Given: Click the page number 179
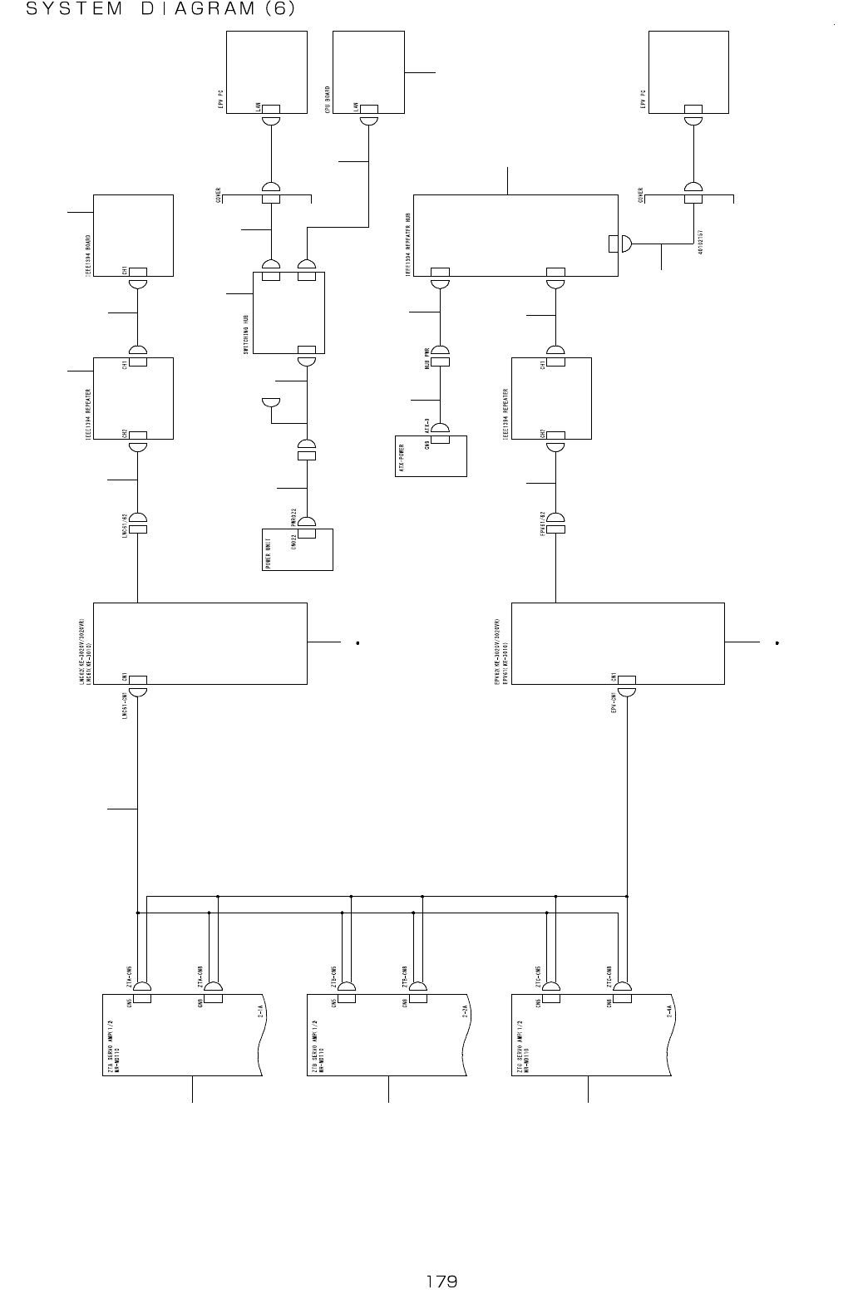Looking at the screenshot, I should (441, 1280).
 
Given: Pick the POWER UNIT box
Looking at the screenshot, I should (298, 549).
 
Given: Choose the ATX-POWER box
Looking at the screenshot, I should (430, 455).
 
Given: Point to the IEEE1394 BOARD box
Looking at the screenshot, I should (133, 235).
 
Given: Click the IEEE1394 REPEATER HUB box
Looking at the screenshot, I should (515, 235).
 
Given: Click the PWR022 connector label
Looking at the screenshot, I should (294, 518).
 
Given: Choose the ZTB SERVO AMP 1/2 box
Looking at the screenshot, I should (387, 1035).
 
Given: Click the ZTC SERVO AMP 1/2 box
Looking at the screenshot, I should (590, 1035).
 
